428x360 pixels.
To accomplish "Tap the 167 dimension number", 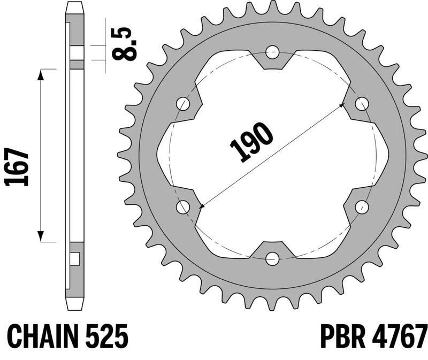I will click(x=17, y=167).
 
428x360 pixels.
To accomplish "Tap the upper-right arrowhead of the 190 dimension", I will click(x=341, y=106).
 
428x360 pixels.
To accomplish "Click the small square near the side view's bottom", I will click(x=75, y=259).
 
